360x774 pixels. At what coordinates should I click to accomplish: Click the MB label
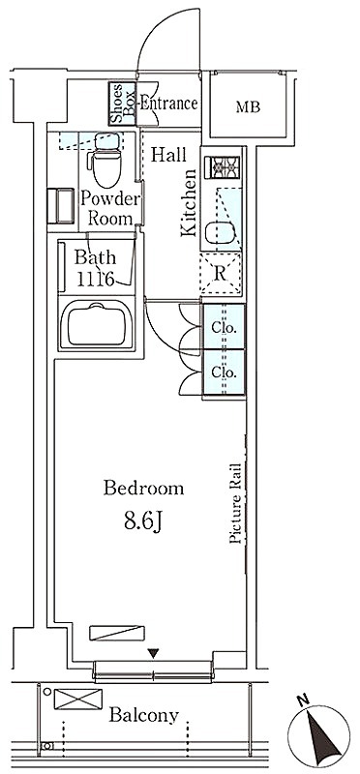click(248, 106)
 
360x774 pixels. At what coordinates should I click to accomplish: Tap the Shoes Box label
click(123, 104)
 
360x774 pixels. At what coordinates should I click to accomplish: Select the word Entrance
click(169, 104)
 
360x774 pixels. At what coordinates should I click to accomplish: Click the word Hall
click(168, 155)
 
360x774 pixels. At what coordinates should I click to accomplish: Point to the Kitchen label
click(189, 202)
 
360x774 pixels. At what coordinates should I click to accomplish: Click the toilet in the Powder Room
click(105, 160)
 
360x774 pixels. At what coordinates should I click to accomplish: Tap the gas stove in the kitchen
click(225, 166)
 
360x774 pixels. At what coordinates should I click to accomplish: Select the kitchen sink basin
click(221, 232)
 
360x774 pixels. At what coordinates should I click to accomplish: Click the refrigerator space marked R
click(221, 274)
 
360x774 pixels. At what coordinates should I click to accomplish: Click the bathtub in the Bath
click(97, 325)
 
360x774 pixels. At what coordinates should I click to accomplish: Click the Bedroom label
click(143, 489)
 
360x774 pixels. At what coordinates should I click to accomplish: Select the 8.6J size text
click(143, 521)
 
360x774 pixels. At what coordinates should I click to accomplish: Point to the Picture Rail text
click(235, 503)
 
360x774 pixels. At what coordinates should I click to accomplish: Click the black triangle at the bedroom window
click(154, 654)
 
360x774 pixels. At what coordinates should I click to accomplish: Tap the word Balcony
click(143, 714)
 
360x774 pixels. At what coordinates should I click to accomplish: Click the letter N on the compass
click(303, 699)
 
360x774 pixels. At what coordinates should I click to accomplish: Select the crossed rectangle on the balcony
click(78, 699)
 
